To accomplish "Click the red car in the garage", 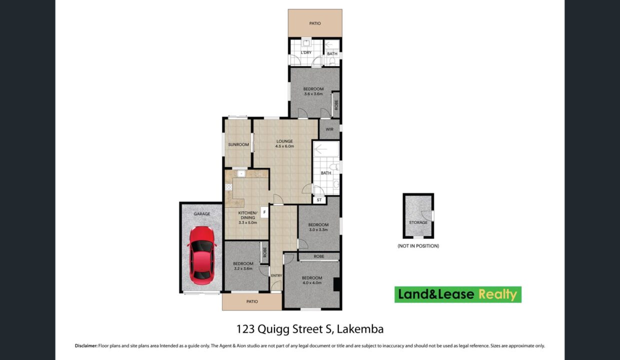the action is coord(202,255).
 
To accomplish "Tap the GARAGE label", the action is coord(202,214).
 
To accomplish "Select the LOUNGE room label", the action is coord(284,141).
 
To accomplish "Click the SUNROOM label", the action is coord(238,144).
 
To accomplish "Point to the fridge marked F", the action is coord(264,212).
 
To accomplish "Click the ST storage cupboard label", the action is coord(319,200).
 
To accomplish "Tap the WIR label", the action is coord(329,129).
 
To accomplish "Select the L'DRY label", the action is coord(306,52).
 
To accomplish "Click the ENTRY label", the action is coord(276,275).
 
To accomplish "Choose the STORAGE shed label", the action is coord(418,222).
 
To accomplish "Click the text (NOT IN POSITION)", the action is coord(418,245).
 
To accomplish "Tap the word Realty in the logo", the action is coord(497,294).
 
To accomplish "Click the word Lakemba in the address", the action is coord(360,329).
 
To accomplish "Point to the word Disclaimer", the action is coord(86,345).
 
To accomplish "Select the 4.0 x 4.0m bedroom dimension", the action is coord(312,283).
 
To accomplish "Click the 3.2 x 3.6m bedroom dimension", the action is coord(243,268).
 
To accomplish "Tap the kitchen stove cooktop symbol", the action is coord(228,187).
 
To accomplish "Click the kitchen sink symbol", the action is coord(241,173).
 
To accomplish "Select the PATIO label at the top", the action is coord(315,23).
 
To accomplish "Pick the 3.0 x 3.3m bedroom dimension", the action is coord(318,229).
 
